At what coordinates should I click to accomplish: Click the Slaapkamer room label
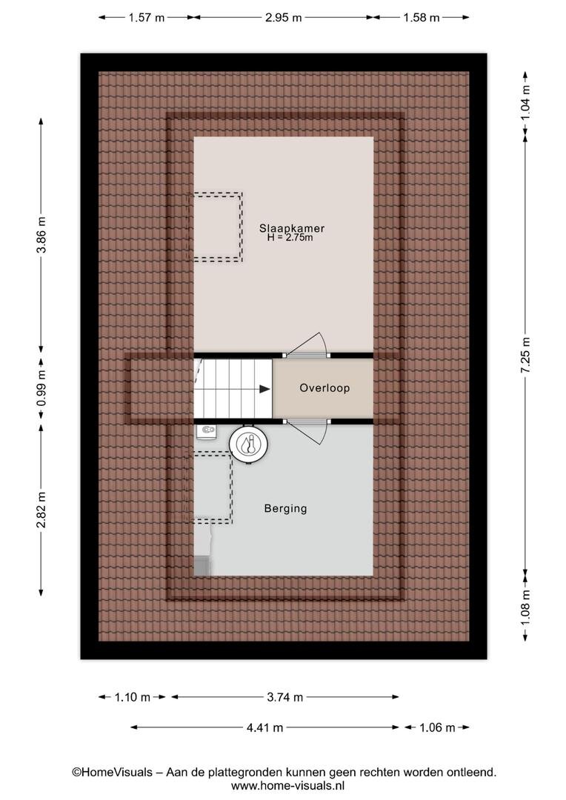(291, 228)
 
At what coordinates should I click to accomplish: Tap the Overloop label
(324, 387)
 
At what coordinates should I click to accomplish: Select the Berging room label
(285, 508)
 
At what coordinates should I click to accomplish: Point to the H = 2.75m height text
(290, 237)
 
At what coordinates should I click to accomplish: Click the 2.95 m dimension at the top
(283, 17)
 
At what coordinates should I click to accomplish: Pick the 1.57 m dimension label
(147, 17)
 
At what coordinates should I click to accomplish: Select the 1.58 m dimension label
(421, 17)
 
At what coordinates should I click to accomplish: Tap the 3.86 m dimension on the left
(41, 235)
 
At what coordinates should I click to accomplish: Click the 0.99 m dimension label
(41, 388)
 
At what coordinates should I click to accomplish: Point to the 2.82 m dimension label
(41, 510)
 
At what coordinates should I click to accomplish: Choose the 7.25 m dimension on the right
(526, 355)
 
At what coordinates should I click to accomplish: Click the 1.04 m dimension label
(526, 102)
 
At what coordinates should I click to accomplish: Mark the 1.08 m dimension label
(526, 607)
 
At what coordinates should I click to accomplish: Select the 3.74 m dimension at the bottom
(284, 697)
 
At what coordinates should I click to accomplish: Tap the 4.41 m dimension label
(264, 727)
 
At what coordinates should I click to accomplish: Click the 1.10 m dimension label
(132, 697)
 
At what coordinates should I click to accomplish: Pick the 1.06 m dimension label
(437, 727)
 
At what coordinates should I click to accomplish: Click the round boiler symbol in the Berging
(248, 444)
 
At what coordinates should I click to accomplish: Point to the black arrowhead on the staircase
(264, 390)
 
